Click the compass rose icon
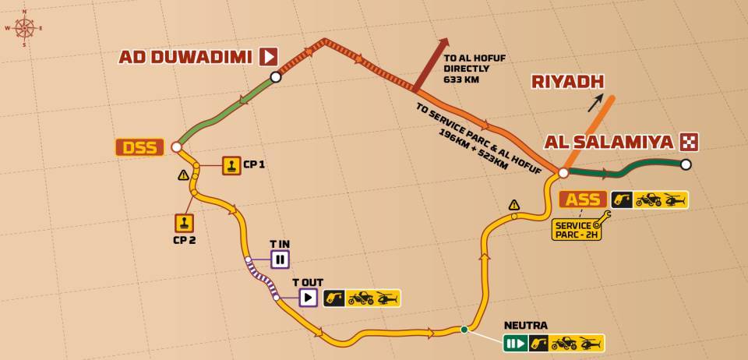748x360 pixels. tap(24, 28)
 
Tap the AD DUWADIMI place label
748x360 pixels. tap(185, 57)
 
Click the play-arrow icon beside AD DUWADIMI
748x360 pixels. tap(268, 56)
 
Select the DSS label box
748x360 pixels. tap(140, 146)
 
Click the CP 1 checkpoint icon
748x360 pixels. tap(231, 165)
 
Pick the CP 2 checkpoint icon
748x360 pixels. tap(184, 223)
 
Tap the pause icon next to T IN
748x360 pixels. tap(280, 259)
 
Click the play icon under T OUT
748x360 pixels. tap(308, 297)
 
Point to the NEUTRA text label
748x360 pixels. tap(525, 325)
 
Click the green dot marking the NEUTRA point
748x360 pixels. tap(464, 330)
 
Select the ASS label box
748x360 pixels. tap(583, 199)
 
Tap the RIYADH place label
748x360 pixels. tap(567, 82)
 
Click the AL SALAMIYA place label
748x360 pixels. tap(609, 142)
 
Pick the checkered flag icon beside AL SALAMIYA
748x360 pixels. tap(689, 142)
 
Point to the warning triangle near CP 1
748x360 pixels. tap(184, 175)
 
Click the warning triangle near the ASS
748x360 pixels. tap(514, 205)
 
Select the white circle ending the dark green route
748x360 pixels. tap(686, 164)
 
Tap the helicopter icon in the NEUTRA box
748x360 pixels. tap(591, 343)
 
